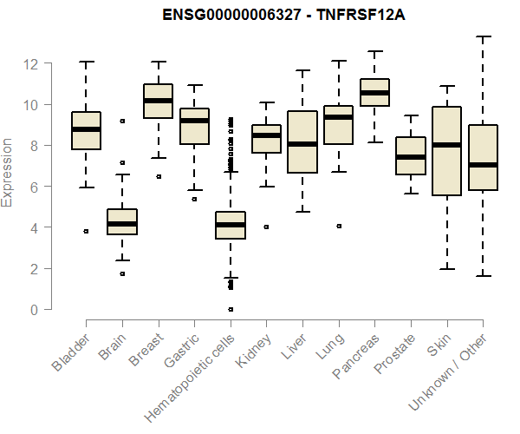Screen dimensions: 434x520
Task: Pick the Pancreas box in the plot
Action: pos(374,93)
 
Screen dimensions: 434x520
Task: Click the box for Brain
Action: pos(122,222)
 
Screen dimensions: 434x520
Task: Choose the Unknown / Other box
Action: pos(482,158)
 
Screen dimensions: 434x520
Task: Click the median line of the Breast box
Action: pos(158,101)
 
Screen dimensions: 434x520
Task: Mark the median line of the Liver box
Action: pos(302,144)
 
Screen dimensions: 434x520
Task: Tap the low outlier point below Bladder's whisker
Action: pos(86,232)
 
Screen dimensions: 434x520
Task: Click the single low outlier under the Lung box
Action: pos(339,226)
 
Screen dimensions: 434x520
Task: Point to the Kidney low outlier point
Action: pos(266,227)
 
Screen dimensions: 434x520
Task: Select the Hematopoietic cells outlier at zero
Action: pos(231,309)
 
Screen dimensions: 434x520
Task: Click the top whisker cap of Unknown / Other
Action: pos(482,36)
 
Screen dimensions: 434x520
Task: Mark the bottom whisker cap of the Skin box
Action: pos(446,269)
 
